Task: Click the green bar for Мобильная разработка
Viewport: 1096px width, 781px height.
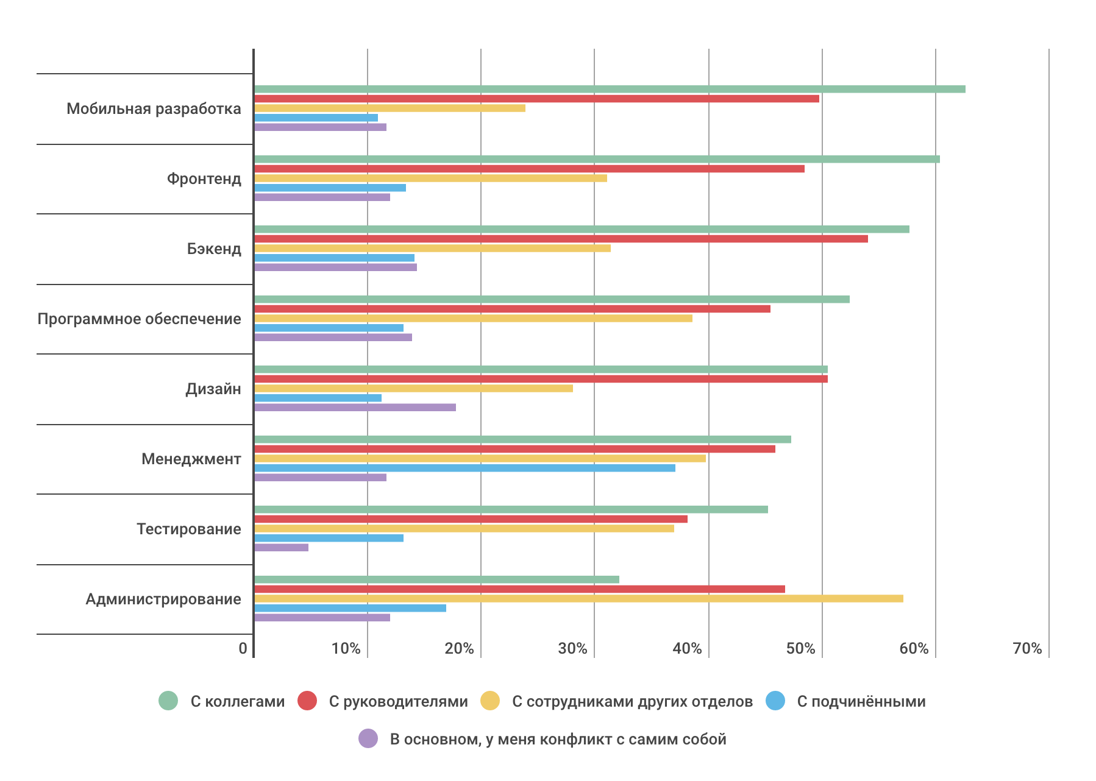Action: (x=610, y=89)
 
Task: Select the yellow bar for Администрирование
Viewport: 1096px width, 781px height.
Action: (x=578, y=599)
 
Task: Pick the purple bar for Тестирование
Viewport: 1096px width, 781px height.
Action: (x=281, y=548)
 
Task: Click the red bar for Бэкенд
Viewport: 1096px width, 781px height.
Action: (x=561, y=239)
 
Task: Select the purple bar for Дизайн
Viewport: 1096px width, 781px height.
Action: (x=355, y=408)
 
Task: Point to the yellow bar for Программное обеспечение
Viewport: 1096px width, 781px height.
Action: (x=473, y=318)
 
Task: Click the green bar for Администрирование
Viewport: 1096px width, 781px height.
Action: (x=436, y=579)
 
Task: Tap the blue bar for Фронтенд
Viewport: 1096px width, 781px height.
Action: (x=330, y=188)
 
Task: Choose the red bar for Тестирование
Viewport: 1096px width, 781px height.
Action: (x=471, y=519)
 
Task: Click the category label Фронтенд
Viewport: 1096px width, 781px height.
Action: (x=204, y=179)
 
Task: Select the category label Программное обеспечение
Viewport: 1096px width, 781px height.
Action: (x=139, y=319)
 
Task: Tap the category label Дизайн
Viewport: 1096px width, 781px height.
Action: (x=213, y=389)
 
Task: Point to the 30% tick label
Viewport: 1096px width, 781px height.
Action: (x=572, y=649)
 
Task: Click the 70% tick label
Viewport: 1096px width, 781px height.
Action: (x=1027, y=649)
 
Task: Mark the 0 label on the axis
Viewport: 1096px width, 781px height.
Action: (x=243, y=649)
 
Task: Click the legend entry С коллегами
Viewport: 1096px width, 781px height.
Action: (x=237, y=702)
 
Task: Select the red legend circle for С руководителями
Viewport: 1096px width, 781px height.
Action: (x=307, y=701)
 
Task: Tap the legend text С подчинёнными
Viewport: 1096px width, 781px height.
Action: (x=861, y=702)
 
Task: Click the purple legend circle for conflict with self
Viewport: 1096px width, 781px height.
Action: (x=368, y=739)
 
